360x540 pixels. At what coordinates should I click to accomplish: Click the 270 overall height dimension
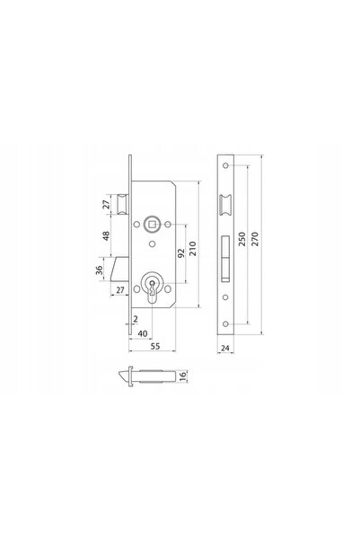point(255,239)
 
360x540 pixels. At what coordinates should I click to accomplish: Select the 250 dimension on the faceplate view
point(242,239)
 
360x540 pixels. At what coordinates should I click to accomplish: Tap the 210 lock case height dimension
point(193,248)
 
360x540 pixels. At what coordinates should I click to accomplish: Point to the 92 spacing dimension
point(181,253)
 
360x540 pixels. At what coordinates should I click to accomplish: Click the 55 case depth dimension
point(155,346)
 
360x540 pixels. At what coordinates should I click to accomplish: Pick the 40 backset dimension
point(143,333)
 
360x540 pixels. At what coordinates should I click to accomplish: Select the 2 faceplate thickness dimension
point(136,319)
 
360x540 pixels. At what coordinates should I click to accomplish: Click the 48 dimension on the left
point(106,236)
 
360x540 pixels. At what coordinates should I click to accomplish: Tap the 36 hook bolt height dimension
point(99,270)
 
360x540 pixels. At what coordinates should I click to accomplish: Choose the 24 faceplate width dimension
point(225,348)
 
